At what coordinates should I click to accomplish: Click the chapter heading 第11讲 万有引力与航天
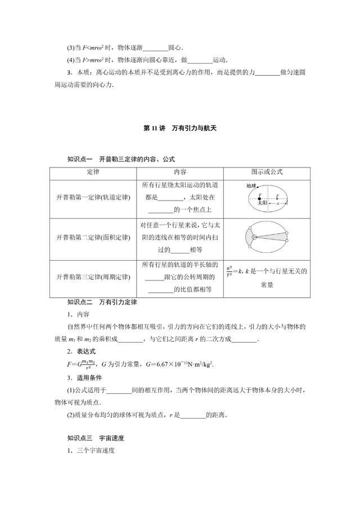pyautogui.click(x=179, y=128)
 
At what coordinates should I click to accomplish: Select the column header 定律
pyautogui.click(x=93, y=172)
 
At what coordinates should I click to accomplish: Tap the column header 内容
pyautogui.click(x=179, y=172)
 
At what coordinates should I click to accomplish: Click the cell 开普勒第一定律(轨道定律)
pyautogui.click(x=93, y=198)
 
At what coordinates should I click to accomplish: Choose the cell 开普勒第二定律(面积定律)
pyautogui.click(x=93, y=238)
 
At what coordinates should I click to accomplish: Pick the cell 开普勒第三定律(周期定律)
pyautogui.click(x=93, y=277)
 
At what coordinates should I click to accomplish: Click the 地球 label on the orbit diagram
pyautogui.click(x=251, y=185)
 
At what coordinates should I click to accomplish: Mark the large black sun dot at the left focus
pyautogui.click(x=259, y=197)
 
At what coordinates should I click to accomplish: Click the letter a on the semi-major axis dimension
pyautogui.click(x=277, y=203)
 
